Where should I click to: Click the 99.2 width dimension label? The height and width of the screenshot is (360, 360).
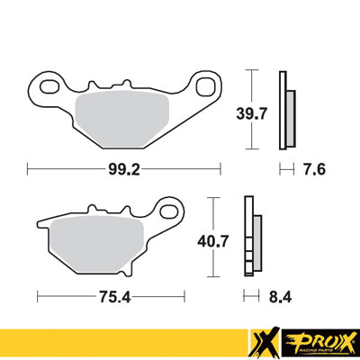[x=124, y=167]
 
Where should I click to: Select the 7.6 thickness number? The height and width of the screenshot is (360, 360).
[x=310, y=167]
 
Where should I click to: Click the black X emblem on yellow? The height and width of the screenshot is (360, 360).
[x=265, y=341]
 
